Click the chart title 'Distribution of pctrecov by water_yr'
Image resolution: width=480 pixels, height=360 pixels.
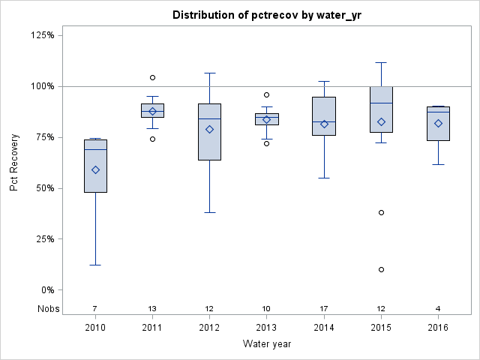pos(266,15)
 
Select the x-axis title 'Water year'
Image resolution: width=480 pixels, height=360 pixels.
pos(266,343)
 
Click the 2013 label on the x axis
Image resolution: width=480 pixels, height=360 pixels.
pos(267,327)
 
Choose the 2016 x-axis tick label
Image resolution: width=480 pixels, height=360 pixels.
pos(438,327)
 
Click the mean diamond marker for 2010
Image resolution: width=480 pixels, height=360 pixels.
pos(95,169)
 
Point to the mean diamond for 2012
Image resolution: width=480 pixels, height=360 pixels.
pos(210,129)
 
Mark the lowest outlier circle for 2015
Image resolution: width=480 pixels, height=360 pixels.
pos(381,269)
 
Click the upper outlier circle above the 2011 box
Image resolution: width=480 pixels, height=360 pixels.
pos(152,77)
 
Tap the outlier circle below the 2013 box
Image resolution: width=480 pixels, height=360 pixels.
pos(267,143)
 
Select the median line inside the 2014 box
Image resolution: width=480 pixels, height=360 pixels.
pos(324,121)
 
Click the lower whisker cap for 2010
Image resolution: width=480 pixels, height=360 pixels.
pos(95,265)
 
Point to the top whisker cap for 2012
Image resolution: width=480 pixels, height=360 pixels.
pos(210,73)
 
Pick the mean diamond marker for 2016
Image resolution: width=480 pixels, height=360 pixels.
pos(438,123)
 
